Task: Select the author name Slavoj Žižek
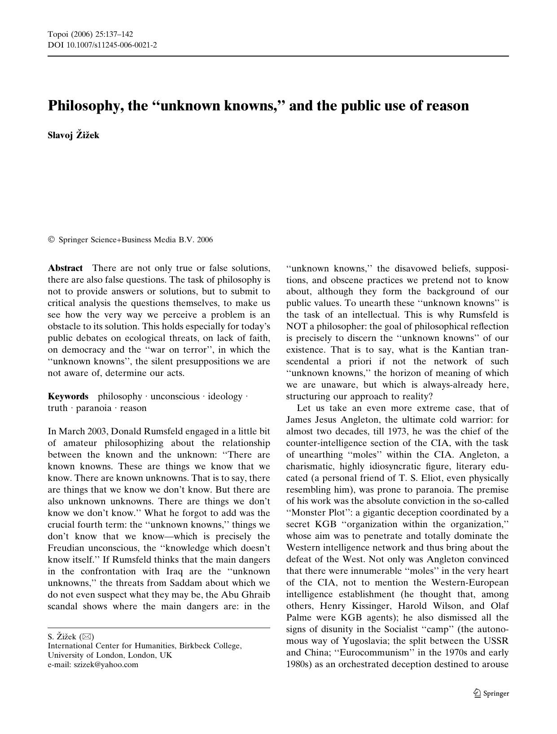click(x=74, y=135)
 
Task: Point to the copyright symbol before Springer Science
click(x=51, y=240)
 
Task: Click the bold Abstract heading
click(x=65, y=268)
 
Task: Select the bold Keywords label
click(x=68, y=397)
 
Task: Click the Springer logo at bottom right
click(x=491, y=693)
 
